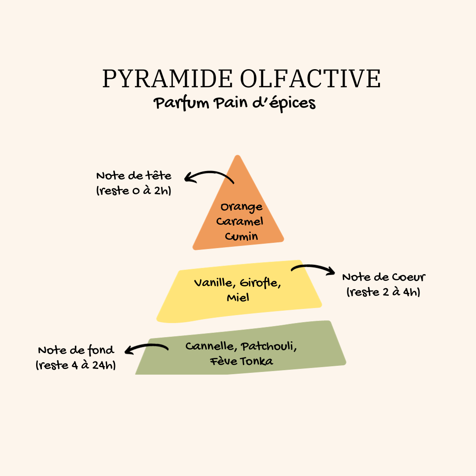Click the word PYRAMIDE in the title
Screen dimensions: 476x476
tap(167, 78)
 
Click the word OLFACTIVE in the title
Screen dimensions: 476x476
tap(310, 78)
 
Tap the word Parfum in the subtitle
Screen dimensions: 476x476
tap(181, 103)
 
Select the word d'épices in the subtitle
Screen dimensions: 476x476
tap(284, 104)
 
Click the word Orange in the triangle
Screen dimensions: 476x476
tap(242, 207)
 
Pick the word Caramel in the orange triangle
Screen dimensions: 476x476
tap(240, 221)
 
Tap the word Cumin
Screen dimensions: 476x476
tap(242, 236)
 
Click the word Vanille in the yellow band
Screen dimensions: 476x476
tap(215, 283)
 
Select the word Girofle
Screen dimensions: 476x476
tap(260, 283)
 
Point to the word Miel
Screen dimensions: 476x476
tap(238, 297)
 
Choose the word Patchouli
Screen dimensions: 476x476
tap(269, 346)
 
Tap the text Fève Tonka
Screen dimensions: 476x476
tap(242, 361)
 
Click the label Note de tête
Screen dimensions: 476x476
tap(134, 176)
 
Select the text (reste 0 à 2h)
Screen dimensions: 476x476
tap(134, 191)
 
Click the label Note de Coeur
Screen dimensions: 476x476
tap(384, 277)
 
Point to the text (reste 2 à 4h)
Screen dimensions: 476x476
tap(383, 292)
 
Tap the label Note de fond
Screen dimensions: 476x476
tap(76, 350)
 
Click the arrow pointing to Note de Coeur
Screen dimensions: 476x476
tap(312, 267)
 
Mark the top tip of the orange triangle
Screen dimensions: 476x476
tap(238, 155)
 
